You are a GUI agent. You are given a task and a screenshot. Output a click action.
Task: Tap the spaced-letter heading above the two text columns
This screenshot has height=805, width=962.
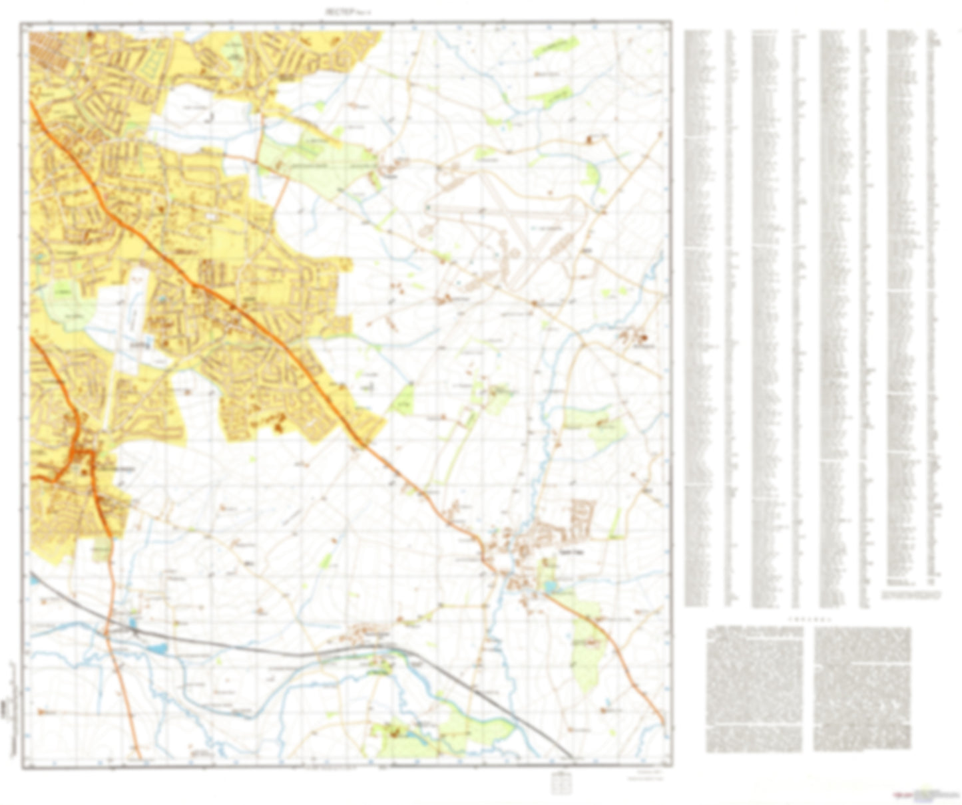click(x=808, y=619)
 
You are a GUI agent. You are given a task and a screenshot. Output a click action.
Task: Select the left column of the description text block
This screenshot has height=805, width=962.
click(x=755, y=689)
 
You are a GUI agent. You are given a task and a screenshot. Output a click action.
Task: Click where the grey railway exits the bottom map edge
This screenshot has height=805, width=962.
click(x=570, y=757)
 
